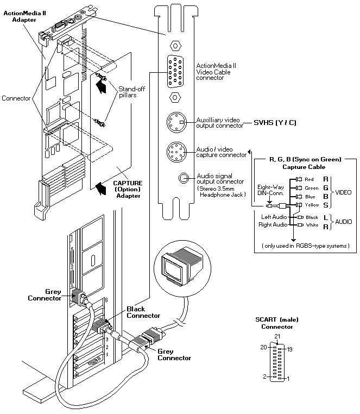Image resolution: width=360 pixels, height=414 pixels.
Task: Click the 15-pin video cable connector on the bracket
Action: click(175, 71)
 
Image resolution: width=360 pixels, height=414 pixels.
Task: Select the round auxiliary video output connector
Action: click(176, 122)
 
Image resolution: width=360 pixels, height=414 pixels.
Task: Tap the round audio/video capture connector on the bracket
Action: click(176, 152)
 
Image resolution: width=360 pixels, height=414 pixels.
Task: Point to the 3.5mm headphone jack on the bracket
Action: click(183, 178)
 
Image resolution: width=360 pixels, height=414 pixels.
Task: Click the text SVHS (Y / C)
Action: click(275, 123)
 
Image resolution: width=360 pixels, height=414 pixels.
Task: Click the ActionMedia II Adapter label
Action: click(24, 16)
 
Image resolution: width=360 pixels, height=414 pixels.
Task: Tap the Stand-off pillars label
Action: click(131, 92)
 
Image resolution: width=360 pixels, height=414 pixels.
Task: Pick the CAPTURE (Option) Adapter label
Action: click(128, 189)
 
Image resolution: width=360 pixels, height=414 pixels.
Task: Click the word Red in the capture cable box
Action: click(309, 179)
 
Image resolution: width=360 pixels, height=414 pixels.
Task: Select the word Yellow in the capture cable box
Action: click(312, 205)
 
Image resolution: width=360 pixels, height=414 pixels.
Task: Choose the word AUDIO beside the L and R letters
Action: click(343, 222)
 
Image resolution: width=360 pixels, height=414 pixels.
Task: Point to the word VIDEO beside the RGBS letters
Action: click(343, 192)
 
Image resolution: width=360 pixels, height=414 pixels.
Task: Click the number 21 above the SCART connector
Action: click(277, 336)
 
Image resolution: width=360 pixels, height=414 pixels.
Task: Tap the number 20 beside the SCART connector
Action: click(264, 347)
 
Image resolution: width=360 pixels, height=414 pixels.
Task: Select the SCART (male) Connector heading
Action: click(277, 323)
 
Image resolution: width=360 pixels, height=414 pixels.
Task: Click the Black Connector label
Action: click(143, 312)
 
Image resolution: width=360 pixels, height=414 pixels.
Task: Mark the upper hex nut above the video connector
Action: click(175, 46)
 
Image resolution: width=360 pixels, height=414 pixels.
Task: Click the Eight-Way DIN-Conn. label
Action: click(270, 190)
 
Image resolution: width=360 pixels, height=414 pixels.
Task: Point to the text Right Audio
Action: click(273, 225)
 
